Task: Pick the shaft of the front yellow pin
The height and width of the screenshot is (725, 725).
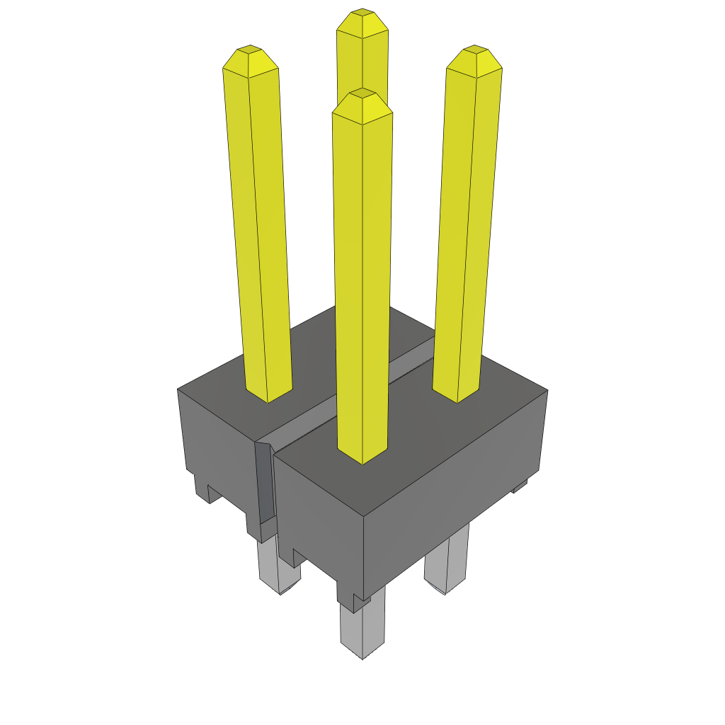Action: pyautogui.click(x=362, y=283)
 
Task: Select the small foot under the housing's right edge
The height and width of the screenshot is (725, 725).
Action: pyautogui.click(x=520, y=486)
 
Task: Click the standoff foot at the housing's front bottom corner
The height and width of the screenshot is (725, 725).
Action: pyautogui.click(x=355, y=602)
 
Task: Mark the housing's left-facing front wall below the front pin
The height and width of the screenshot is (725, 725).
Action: pyautogui.click(x=319, y=510)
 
